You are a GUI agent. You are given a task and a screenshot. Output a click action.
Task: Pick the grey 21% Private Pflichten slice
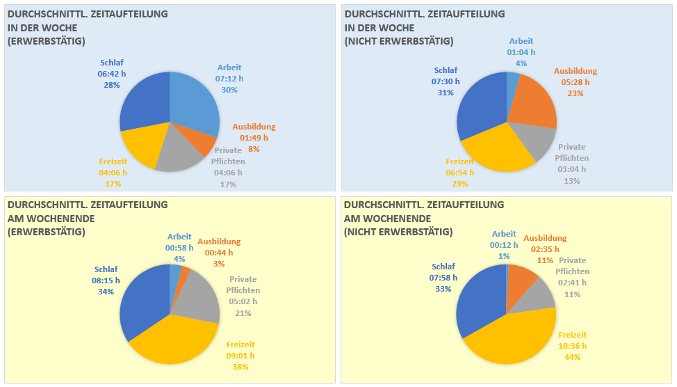[198, 299]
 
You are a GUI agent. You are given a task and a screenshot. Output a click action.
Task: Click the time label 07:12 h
[229, 79]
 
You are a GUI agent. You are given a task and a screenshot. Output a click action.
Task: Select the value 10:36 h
[573, 346]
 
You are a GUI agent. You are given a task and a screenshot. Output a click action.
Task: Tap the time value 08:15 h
[106, 281]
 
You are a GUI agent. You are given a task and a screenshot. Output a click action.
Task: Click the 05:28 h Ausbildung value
[576, 82]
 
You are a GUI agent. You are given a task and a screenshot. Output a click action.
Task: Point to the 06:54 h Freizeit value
[460, 173]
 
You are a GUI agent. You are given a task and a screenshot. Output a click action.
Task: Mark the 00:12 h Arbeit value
[504, 245]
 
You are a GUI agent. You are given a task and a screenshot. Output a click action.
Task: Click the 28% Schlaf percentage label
[112, 85]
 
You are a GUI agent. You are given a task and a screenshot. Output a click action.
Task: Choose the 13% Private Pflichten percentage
[572, 181]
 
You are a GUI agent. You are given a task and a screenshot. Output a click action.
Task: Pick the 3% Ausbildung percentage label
[219, 264]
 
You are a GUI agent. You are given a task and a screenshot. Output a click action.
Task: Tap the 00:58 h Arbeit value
[179, 248]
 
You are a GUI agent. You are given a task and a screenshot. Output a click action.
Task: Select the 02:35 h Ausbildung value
[545, 248]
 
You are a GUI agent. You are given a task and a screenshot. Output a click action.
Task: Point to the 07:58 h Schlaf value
[443, 278]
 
